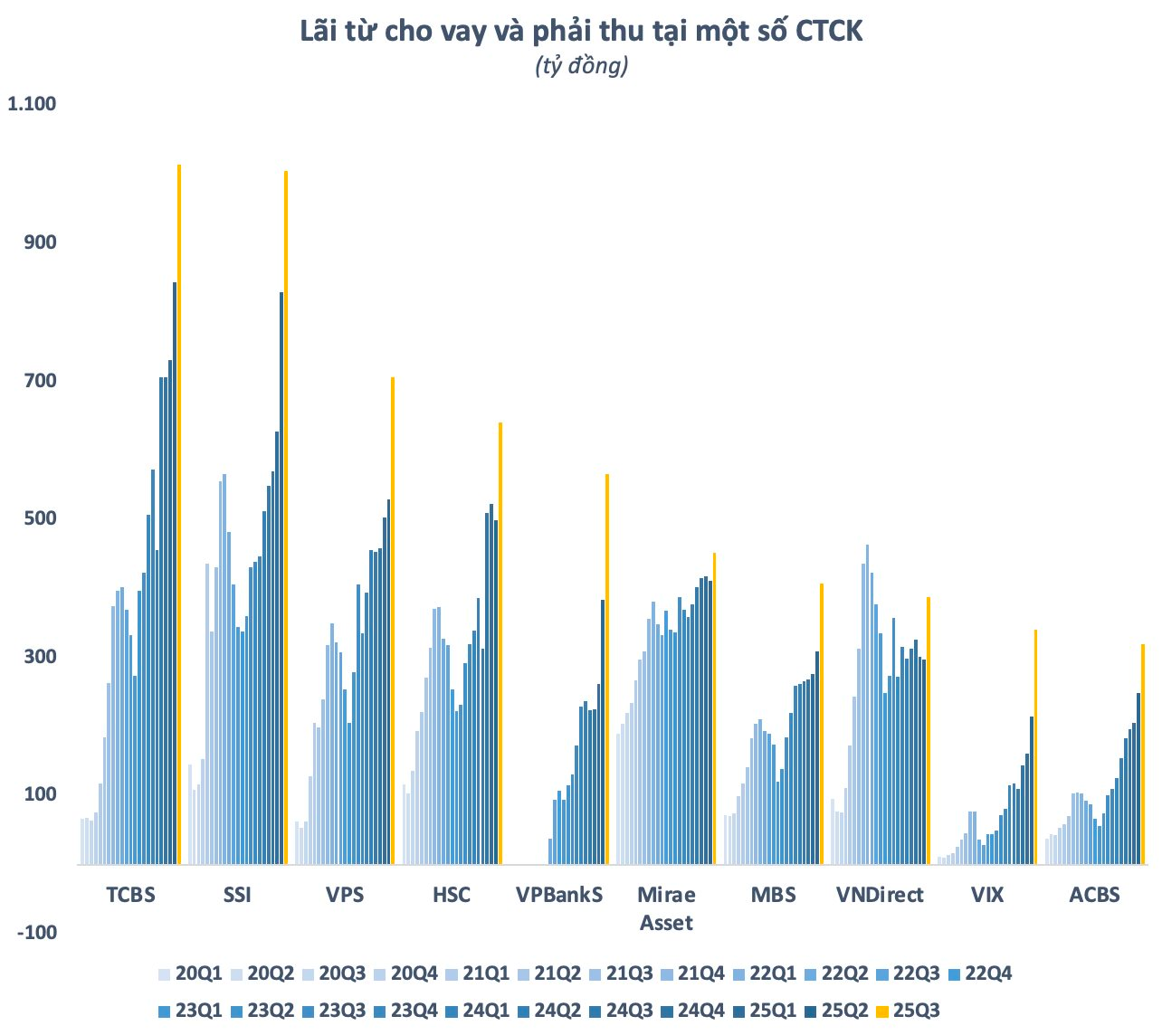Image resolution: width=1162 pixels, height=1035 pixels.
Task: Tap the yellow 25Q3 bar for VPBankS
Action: [x=607, y=669]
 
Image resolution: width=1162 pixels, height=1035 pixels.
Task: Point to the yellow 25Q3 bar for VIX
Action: [x=1035, y=746]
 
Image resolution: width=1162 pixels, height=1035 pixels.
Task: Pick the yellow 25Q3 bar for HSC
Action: [x=500, y=643]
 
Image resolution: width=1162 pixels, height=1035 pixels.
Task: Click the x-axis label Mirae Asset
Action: [x=666, y=908]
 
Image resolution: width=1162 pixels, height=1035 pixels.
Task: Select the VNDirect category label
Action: [x=880, y=895]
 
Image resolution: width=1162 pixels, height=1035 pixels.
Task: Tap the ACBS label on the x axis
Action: [x=1094, y=895]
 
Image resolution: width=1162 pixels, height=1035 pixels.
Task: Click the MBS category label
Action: [x=773, y=895]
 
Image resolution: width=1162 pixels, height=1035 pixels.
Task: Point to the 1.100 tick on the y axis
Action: [x=32, y=104]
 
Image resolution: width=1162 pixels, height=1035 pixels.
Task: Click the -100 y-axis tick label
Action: [x=37, y=932]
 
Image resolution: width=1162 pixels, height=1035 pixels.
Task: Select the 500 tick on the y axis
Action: [x=40, y=518]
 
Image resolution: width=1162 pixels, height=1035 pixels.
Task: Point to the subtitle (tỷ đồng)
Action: [x=581, y=66]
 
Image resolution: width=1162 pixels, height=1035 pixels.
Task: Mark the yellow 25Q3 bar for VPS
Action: [x=393, y=621]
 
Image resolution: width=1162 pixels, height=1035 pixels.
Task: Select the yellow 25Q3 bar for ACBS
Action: [x=1143, y=754]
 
